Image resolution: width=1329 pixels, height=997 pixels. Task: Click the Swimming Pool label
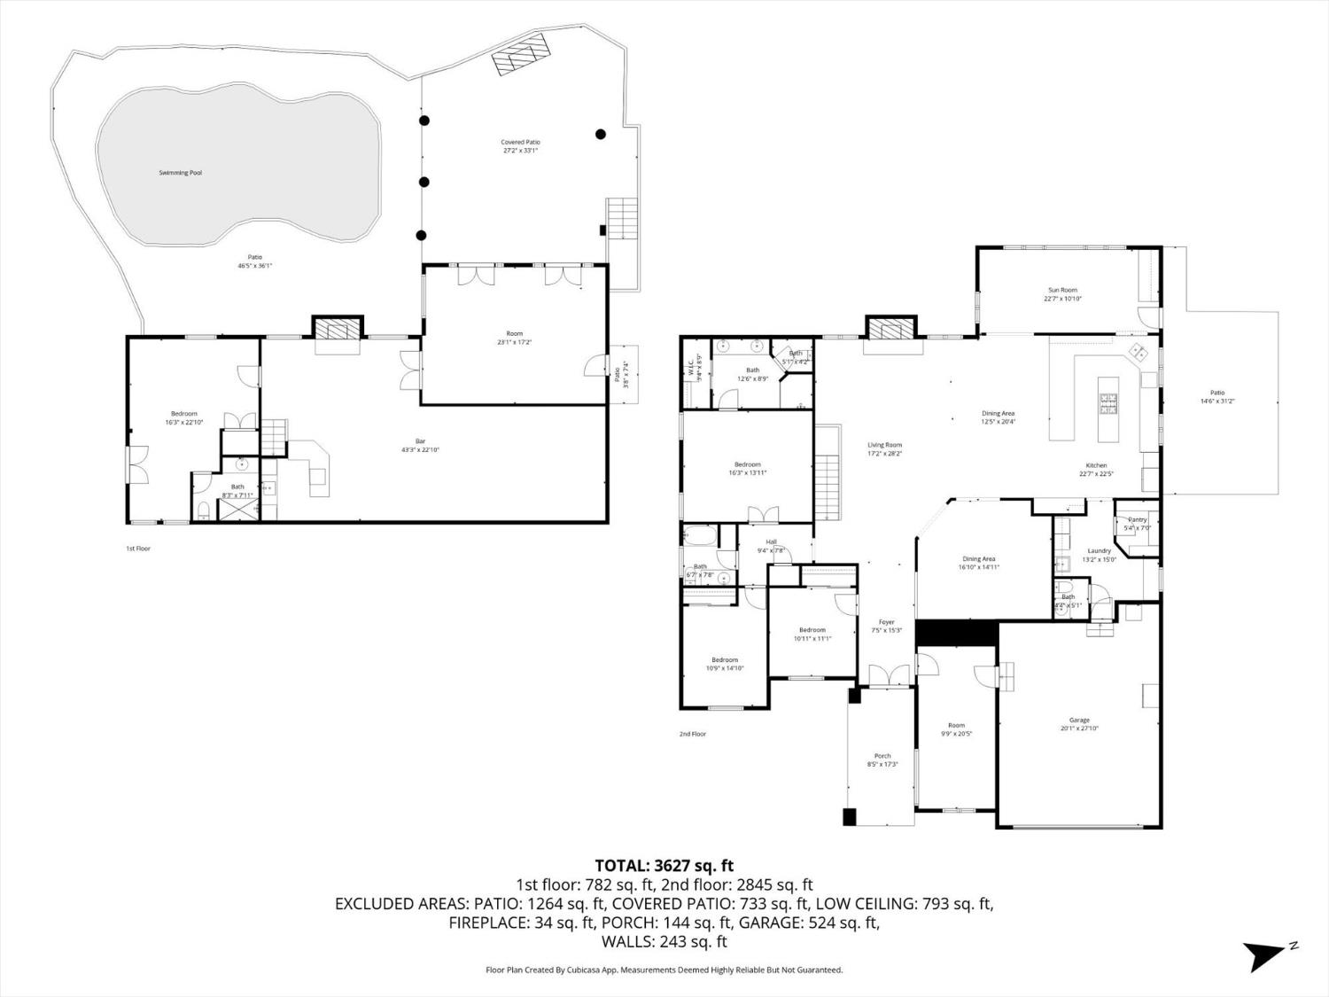[180, 173]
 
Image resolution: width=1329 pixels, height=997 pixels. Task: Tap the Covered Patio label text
[520, 142]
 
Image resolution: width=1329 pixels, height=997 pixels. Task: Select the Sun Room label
[1062, 290]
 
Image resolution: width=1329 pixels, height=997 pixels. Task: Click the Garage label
[1079, 720]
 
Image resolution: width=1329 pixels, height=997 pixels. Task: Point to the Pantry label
[1137, 520]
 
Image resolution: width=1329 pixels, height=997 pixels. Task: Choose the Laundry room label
[1099, 550]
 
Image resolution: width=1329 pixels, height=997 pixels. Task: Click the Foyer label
[886, 622]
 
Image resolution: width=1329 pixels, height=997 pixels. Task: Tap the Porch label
[882, 756]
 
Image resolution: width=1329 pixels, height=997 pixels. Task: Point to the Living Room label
[884, 445]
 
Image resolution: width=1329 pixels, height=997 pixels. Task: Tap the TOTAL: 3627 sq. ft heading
[664, 865]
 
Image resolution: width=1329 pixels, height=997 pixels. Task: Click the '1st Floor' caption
[138, 549]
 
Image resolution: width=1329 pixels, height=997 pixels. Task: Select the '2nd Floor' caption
[693, 734]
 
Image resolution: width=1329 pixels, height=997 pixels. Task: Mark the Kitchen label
[1097, 465]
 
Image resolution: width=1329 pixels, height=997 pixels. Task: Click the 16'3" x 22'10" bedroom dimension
[184, 423]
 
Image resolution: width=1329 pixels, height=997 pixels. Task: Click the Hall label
[771, 541]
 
